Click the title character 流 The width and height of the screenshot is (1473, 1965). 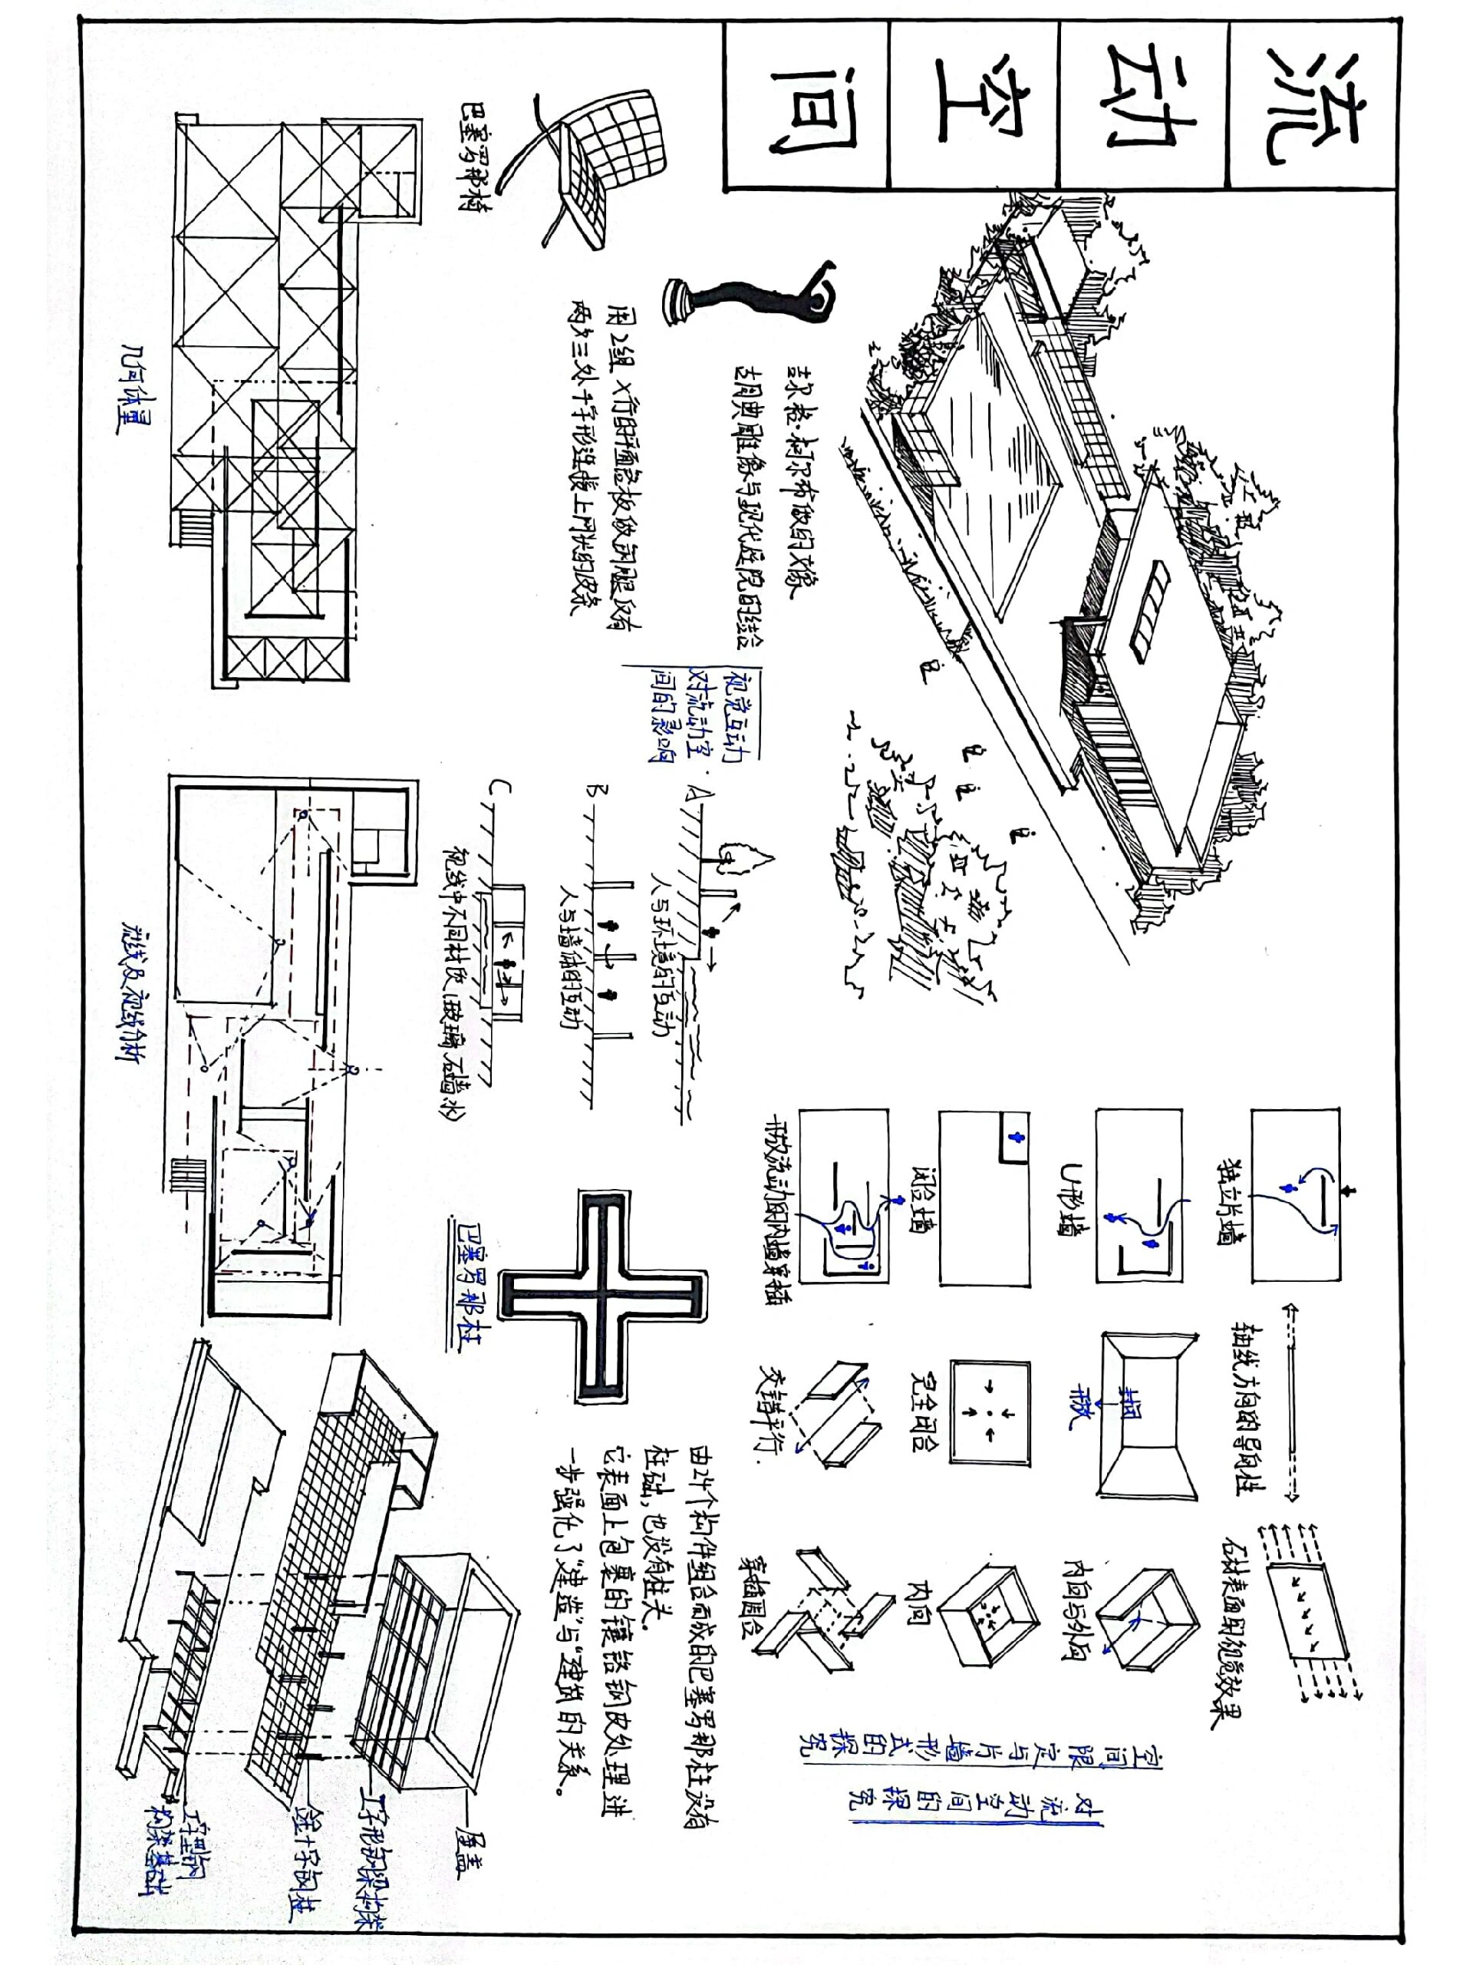click(1313, 107)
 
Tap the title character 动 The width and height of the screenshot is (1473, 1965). click(1144, 107)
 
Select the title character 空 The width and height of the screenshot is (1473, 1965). click(974, 107)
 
